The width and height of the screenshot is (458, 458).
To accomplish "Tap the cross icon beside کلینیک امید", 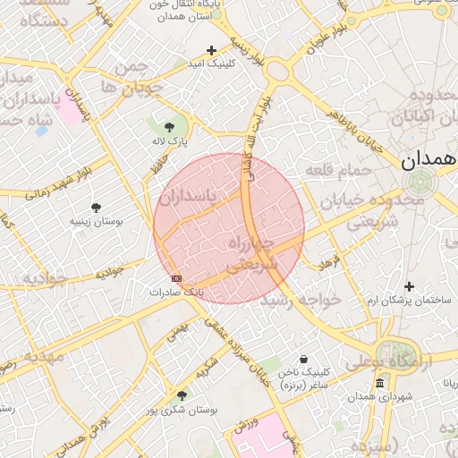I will point(211,50).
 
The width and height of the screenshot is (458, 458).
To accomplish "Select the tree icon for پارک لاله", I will point(169,127).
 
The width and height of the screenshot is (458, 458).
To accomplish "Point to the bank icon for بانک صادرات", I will point(176,278).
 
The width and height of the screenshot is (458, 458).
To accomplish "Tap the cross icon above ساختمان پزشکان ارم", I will point(409,286).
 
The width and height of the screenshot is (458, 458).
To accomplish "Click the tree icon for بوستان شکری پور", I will point(182,395).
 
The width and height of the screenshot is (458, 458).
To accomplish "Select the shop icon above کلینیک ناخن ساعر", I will point(303,359).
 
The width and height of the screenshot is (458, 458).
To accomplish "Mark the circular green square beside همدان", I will point(417,182).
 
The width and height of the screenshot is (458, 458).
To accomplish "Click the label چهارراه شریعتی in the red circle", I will point(253,254).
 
